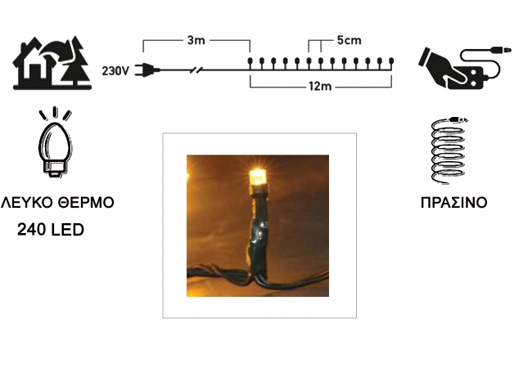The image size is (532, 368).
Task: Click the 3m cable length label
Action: pyautogui.click(x=196, y=40)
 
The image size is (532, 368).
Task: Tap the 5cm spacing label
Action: pyautogui.click(x=349, y=40)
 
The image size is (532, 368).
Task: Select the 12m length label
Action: pyautogui.click(x=320, y=87)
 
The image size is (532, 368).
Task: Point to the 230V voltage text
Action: pyautogui.click(x=115, y=71)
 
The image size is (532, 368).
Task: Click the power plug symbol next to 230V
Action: pyautogui.click(x=147, y=70)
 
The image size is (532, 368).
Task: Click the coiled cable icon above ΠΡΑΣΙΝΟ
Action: pyautogui.click(x=449, y=150)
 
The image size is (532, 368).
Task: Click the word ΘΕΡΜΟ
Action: pyautogui.click(x=86, y=202)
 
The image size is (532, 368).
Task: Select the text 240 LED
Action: pyautogui.click(x=51, y=230)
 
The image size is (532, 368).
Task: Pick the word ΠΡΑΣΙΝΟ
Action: pyautogui.click(x=454, y=203)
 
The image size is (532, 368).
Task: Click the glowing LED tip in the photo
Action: pyautogui.click(x=258, y=177)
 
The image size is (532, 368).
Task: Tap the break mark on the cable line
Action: pyautogui.click(x=196, y=70)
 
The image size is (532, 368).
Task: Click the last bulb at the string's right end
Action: pyautogui.click(x=391, y=62)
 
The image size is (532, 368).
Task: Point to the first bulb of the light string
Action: pyautogui.click(x=250, y=62)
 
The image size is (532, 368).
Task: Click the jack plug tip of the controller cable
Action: pyautogui.click(x=508, y=51)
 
